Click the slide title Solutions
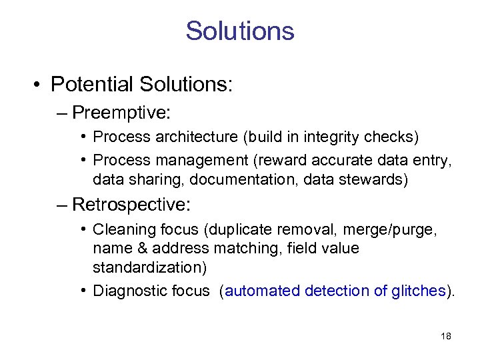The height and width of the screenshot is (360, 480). pyautogui.click(x=240, y=31)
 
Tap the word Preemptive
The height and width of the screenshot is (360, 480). pyautogui.click(x=120, y=112)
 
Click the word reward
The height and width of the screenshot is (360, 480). pyautogui.click(x=277, y=160)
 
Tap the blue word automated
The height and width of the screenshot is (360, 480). pyautogui.click(x=263, y=291)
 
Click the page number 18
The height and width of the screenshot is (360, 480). pyautogui.click(x=446, y=337)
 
